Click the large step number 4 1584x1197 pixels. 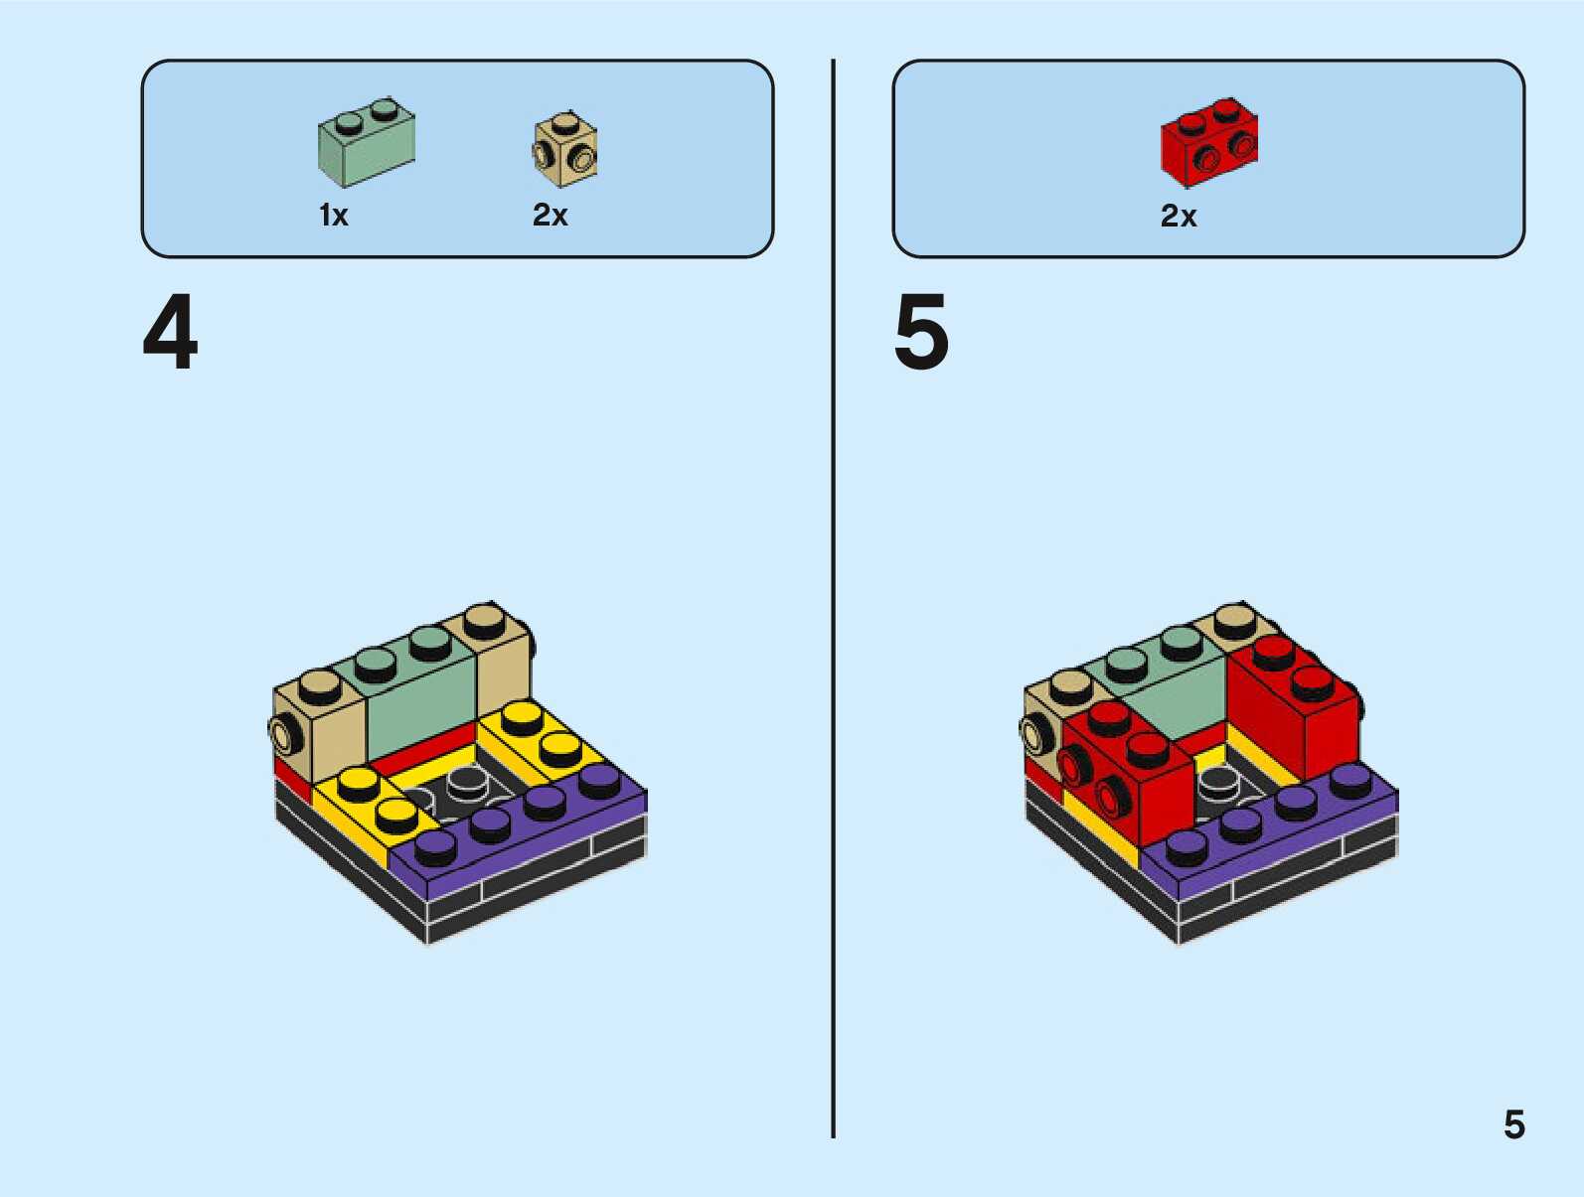point(170,333)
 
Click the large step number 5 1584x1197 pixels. point(921,333)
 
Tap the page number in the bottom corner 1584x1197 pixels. point(1513,1125)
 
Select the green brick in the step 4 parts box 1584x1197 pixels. point(366,144)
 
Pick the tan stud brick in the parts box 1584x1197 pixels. point(565,150)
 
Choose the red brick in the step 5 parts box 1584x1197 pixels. point(1208,143)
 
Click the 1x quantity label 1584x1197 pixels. point(334,216)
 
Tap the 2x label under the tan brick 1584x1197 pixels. point(551,216)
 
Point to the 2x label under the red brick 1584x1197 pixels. point(1179,217)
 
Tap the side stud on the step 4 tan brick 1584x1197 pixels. point(284,734)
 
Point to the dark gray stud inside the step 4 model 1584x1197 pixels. point(465,785)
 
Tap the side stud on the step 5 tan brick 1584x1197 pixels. point(1035,734)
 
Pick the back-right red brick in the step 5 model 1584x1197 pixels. point(1292,715)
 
